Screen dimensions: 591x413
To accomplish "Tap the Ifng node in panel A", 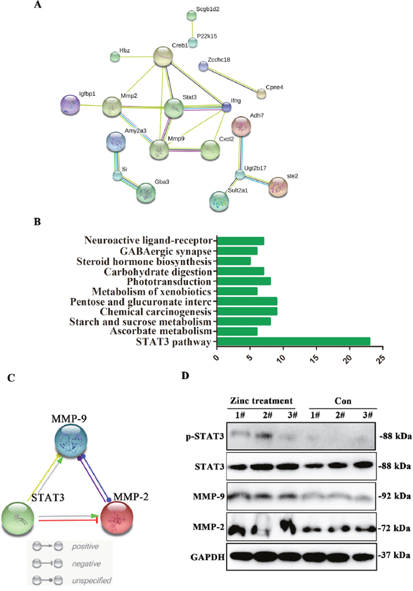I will coord(227,107).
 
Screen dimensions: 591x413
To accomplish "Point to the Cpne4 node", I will coord(261,93).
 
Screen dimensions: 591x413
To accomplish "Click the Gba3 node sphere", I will coord(147,193).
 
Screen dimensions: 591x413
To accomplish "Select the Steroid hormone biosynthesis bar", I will coord(234,261).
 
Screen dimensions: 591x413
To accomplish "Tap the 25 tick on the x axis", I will coord(383,359).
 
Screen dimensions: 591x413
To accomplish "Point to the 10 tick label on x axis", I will coord(283,359).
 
